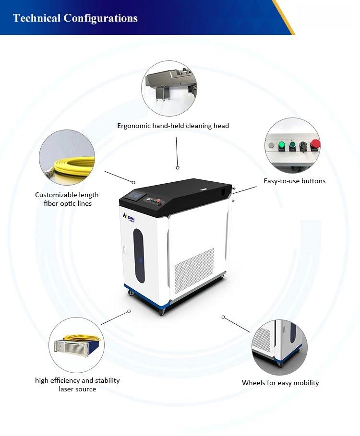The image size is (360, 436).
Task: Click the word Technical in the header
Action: (x=36, y=18)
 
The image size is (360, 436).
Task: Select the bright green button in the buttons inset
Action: (x=282, y=144)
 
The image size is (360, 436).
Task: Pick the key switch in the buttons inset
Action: (x=303, y=145)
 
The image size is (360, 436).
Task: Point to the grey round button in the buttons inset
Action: (x=272, y=145)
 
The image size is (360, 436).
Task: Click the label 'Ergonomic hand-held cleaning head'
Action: (x=173, y=126)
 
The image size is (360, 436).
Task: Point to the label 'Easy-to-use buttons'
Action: (x=294, y=181)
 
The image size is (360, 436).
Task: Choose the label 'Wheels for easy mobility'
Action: (x=280, y=383)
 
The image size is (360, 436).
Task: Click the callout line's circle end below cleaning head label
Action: (x=178, y=168)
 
